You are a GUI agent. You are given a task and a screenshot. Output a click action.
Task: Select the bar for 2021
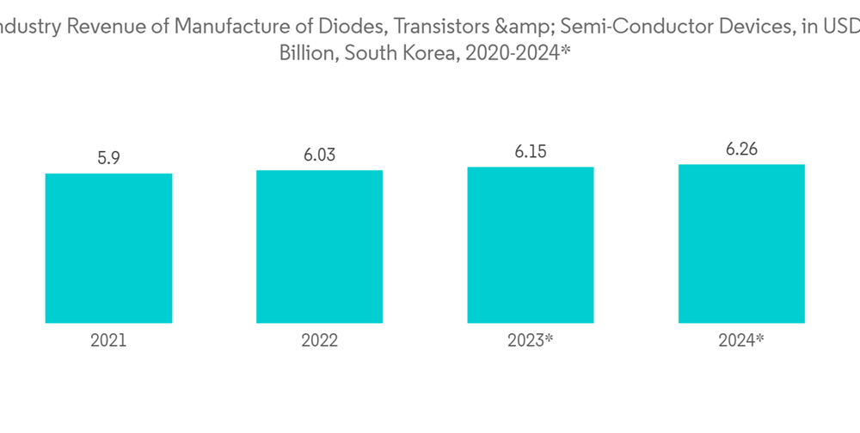pos(108,248)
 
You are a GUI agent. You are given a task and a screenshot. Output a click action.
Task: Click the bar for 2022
pos(319,247)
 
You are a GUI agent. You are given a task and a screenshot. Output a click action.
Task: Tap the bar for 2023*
pos(530,245)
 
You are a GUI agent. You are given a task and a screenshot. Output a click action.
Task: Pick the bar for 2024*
pos(741,243)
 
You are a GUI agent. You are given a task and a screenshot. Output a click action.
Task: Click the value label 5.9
pos(108,158)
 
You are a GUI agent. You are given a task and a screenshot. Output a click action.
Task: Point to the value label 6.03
pos(319,155)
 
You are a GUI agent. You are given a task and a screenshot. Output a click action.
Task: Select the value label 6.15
pos(530,151)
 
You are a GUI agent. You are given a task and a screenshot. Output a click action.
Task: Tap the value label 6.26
pos(741,149)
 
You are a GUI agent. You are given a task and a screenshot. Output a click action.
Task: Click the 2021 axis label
pos(108,340)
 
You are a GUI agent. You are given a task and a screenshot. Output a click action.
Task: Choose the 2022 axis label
pos(319,340)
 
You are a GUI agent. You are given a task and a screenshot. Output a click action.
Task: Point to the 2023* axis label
pos(530,340)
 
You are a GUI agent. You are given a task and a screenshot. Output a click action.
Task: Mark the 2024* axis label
pos(741,340)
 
